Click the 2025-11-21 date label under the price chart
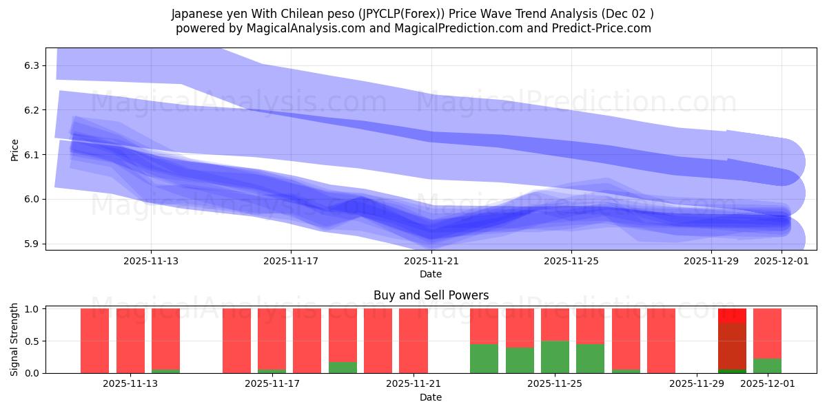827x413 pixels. [x=431, y=261]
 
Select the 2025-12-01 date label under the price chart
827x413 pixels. [x=781, y=261]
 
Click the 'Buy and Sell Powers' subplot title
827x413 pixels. [x=431, y=295]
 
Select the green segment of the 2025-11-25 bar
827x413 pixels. [x=555, y=357]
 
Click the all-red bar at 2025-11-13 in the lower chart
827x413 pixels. [x=130, y=341]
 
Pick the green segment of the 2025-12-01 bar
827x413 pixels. [x=767, y=366]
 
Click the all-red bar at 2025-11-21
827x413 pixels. [x=413, y=341]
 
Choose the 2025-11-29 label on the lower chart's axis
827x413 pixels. [x=697, y=384]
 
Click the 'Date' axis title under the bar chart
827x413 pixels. [x=431, y=397]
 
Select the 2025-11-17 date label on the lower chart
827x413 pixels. [x=272, y=384]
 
